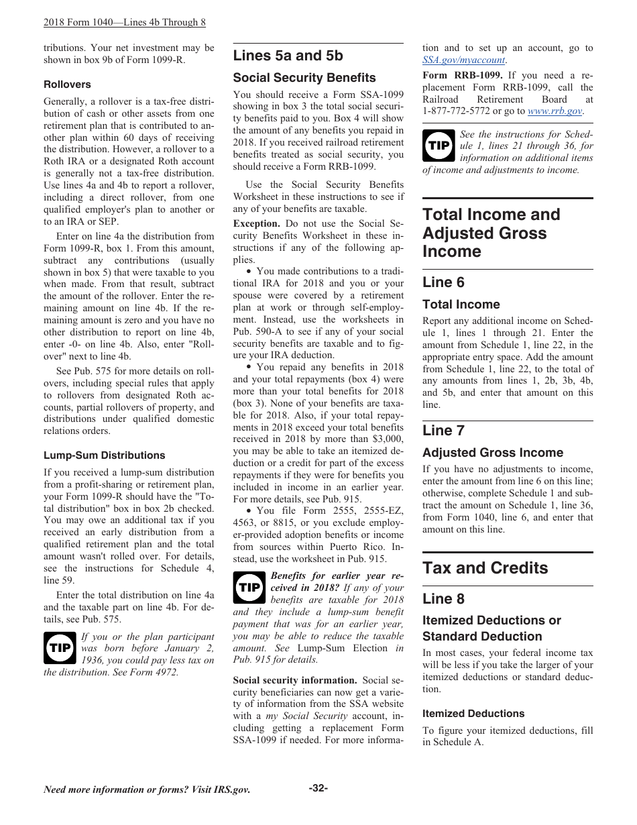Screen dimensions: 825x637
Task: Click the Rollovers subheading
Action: (67, 85)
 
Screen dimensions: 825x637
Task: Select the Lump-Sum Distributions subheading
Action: (104, 455)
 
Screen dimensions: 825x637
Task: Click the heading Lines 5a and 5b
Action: (288, 56)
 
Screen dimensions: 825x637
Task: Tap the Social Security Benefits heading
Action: (304, 78)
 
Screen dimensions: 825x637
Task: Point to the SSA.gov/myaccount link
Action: (463, 60)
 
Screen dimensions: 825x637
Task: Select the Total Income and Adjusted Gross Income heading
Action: (491, 233)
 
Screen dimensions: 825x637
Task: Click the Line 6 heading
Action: (443, 282)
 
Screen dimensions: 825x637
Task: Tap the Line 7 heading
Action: (443, 431)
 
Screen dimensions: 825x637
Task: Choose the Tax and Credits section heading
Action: (485, 568)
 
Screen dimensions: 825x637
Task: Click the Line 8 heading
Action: (443, 599)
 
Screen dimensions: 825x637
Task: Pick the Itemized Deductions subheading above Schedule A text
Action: (473, 714)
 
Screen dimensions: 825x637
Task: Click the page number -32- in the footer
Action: (318, 788)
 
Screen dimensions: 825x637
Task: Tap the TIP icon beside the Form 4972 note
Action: (60, 648)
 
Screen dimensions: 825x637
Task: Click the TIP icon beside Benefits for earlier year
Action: (249, 588)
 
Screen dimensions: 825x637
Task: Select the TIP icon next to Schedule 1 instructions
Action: (439, 146)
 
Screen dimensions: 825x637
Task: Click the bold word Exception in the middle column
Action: (256, 223)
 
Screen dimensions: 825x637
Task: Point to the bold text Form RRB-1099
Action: (462, 75)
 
